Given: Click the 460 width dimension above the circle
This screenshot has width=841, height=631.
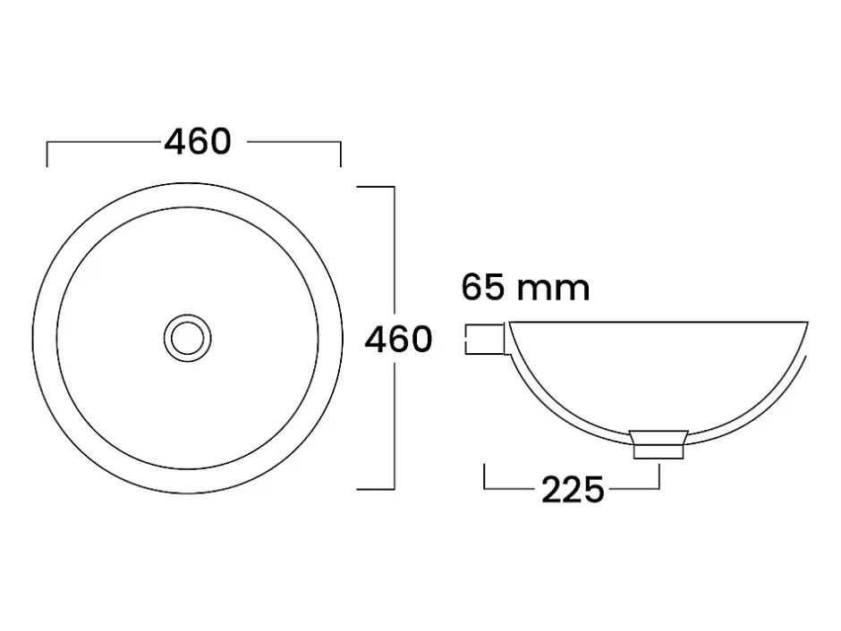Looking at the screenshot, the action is pyautogui.click(x=198, y=142).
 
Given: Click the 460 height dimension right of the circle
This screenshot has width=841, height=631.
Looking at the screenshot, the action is pyautogui.click(x=398, y=339).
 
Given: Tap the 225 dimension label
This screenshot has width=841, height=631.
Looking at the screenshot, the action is pyautogui.click(x=573, y=490).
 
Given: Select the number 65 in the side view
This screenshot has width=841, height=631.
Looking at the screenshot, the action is pyautogui.click(x=483, y=288).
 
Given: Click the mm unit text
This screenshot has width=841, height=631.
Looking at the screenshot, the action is pyautogui.click(x=554, y=290).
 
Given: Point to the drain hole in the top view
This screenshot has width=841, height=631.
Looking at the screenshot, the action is pyautogui.click(x=188, y=338).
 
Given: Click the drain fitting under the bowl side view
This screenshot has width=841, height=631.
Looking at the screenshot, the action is pyautogui.click(x=658, y=444).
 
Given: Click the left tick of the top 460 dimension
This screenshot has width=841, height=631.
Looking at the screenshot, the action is pyautogui.click(x=47, y=155).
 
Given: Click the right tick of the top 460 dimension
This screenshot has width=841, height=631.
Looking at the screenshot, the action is pyautogui.click(x=341, y=155).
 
